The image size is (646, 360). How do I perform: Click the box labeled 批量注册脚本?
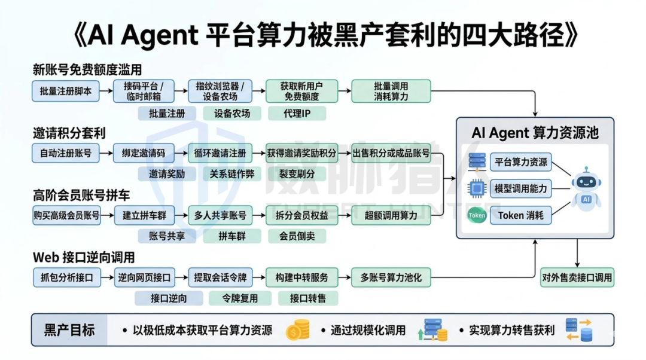click(66, 91)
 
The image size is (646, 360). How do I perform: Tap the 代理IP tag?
click(297, 113)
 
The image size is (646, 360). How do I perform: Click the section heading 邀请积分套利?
click(69, 132)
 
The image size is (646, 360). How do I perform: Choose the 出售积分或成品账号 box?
click(391, 153)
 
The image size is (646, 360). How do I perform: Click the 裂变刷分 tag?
click(297, 174)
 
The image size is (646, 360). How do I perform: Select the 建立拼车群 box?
click(144, 215)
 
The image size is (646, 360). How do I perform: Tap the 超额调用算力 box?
click(391, 215)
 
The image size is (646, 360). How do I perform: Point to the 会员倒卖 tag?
click(297, 236)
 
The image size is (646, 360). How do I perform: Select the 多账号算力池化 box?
click(391, 277)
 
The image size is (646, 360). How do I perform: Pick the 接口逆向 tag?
click(169, 298)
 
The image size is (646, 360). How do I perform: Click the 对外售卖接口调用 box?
click(577, 277)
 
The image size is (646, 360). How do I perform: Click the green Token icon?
click(477, 215)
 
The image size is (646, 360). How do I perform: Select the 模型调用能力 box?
click(520, 188)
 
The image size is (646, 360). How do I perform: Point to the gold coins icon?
click(298, 330)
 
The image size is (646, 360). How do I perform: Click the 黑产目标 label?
click(69, 330)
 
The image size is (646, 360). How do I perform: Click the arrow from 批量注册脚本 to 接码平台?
click(106, 91)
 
